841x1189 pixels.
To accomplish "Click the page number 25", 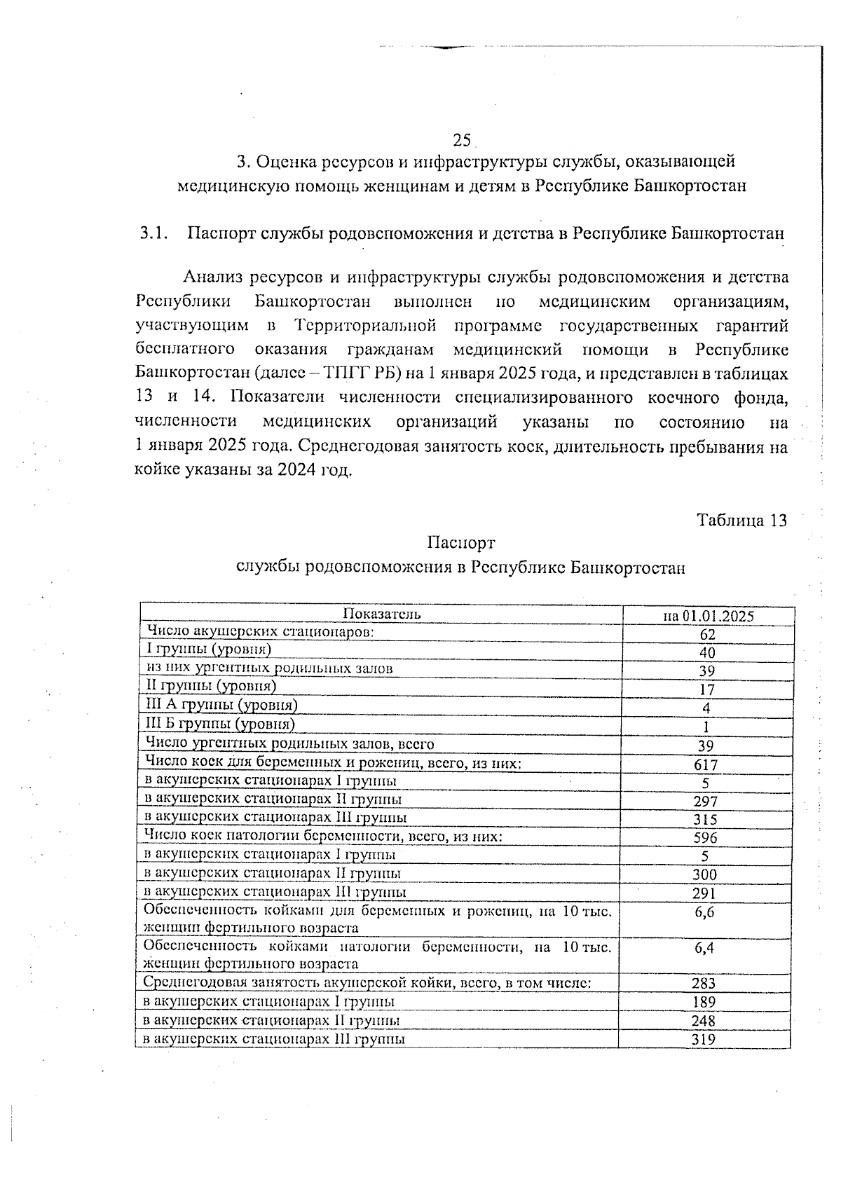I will [461, 140].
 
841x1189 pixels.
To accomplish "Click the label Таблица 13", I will [742, 520].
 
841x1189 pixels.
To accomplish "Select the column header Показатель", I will [382, 614].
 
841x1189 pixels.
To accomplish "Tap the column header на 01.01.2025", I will [709, 616].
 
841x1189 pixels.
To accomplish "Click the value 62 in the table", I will [708, 634].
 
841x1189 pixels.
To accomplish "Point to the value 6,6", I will [704, 912].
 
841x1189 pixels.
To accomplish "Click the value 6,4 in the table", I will [704, 949].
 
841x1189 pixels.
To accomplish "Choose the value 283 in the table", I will [704, 984].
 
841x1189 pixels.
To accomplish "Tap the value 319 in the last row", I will [703, 1039].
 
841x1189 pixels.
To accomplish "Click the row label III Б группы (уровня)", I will [219, 723].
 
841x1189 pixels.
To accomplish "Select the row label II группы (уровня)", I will [210, 685].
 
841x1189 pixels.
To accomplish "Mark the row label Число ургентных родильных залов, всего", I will [289, 743].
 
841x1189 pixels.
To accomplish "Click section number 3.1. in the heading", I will [154, 233].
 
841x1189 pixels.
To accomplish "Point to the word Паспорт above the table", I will [460, 542].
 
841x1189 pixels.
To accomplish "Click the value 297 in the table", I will [705, 802].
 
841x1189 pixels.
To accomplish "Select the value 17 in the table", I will [707, 689].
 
